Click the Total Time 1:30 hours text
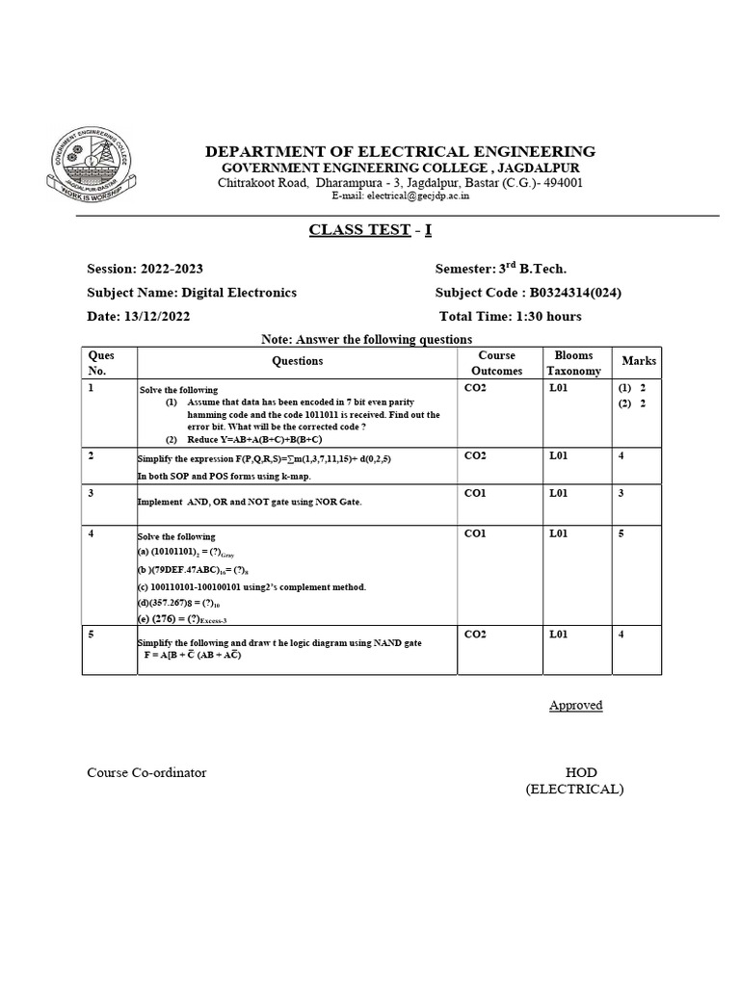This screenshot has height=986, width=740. [x=510, y=316]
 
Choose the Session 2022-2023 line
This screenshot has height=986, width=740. [x=145, y=270]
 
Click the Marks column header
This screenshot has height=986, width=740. [x=638, y=361]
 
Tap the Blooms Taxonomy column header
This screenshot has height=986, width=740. [x=573, y=363]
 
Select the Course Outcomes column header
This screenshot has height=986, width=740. [x=496, y=363]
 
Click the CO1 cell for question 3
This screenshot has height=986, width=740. [x=475, y=493]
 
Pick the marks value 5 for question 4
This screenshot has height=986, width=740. [x=621, y=533]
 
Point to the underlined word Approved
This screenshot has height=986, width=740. [x=575, y=705]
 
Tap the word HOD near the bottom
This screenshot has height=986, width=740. [x=580, y=772]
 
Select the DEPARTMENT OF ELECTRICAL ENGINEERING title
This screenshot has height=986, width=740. [x=400, y=152]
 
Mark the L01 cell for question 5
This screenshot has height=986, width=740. [x=560, y=635]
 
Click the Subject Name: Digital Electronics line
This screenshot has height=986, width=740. [x=192, y=293]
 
